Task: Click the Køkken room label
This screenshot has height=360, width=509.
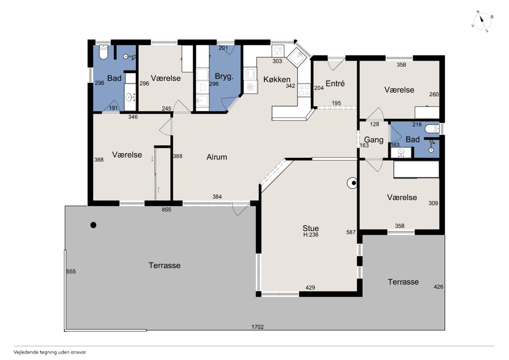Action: (x=277, y=79)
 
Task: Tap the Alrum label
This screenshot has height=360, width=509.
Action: (x=217, y=157)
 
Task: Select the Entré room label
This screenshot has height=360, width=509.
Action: (x=335, y=84)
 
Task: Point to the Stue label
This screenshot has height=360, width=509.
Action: (x=311, y=228)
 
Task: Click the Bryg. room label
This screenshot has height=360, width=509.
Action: (x=224, y=77)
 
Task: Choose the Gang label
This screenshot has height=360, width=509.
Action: (x=374, y=140)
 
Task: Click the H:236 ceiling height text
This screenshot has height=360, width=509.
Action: (x=311, y=235)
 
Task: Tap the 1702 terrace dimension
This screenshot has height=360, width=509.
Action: (x=257, y=327)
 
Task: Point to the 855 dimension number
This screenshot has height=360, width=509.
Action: (x=166, y=210)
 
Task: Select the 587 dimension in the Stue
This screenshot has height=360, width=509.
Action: (x=351, y=232)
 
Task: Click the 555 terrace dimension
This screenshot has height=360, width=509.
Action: (x=71, y=271)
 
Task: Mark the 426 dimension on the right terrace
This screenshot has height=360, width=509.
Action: (x=438, y=287)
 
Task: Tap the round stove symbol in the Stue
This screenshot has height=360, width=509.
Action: (x=352, y=183)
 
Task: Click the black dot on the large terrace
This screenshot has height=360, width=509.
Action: (x=93, y=225)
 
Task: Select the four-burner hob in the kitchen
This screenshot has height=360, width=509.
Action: (x=304, y=90)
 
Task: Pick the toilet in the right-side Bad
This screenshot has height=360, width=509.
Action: (x=432, y=129)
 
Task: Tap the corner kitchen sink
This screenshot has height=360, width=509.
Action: (x=298, y=58)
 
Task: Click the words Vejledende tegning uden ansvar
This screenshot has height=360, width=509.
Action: (x=50, y=352)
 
